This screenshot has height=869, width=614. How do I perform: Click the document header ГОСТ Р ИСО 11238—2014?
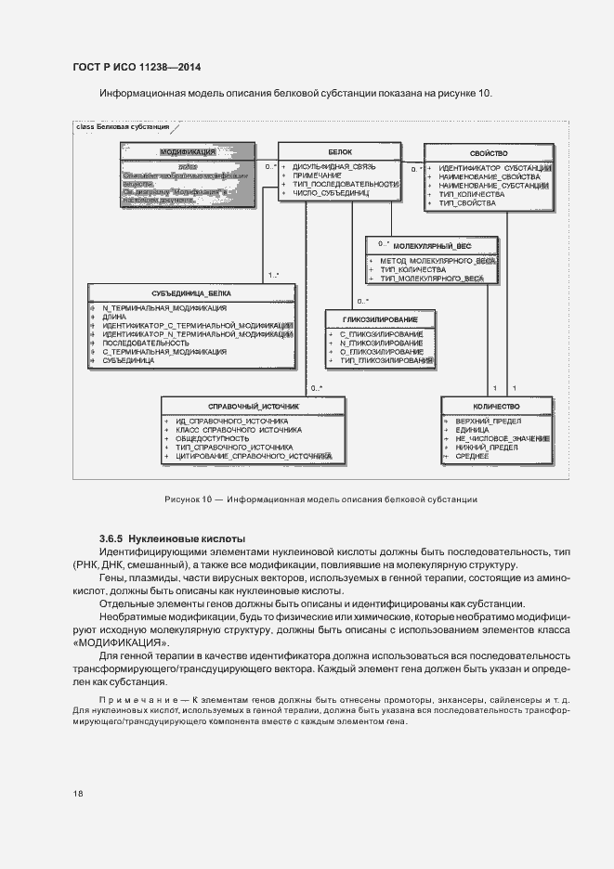[x=137, y=68]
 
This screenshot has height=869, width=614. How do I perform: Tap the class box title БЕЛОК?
[x=339, y=150]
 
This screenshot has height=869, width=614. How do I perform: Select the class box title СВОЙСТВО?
[x=488, y=150]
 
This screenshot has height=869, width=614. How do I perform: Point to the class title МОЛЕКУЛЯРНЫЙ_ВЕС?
[x=432, y=246]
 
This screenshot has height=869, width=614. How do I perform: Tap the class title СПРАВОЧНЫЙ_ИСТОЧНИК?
[x=253, y=407]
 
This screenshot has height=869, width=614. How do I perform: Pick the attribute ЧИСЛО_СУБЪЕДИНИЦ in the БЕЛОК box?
[x=331, y=195]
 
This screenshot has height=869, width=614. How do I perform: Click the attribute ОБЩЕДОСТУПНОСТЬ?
[x=212, y=438]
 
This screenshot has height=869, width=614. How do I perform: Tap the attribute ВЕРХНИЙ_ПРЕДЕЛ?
[x=480, y=421]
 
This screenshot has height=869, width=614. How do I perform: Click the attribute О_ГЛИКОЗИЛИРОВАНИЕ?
[x=381, y=352]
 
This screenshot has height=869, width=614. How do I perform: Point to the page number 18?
[x=78, y=793]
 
